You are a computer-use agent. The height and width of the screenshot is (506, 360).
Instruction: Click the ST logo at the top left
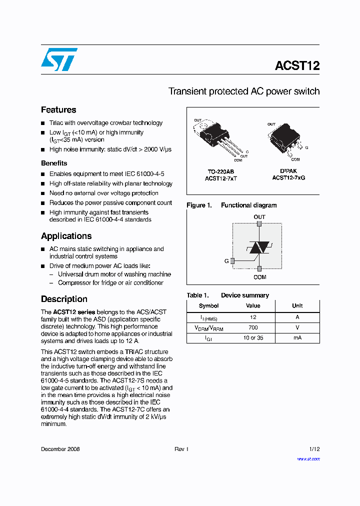pyautogui.click(x=59, y=59)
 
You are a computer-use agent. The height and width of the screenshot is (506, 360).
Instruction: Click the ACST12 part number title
pyautogui.click(x=297, y=65)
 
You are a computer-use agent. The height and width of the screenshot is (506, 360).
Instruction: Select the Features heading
pyautogui.click(x=58, y=110)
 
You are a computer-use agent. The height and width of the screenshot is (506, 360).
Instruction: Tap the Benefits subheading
pyautogui.click(x=54, y=163)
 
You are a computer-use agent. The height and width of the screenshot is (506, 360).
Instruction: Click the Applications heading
pyautogui.click(x=66, y=236)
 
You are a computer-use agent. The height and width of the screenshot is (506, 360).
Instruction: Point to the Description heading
pyautogui.click(x=64, y=299)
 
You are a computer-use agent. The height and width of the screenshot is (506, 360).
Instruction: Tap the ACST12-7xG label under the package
pyautogui.click(x=288, y=178)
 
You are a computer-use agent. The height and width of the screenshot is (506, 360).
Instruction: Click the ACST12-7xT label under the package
pyautogui.click(x=221, y=178)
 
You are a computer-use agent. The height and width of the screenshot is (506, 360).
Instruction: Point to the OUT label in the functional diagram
pyautogui.click(x=259, y=217)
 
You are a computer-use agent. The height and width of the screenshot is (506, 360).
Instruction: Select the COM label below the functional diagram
pyautogui.click(x=259, y=277)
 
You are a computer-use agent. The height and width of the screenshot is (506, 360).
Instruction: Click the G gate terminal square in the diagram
pyautogui.click(x=232, y=260)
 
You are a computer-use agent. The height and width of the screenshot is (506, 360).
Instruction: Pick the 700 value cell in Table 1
pyautogui.click(x=253, y=327)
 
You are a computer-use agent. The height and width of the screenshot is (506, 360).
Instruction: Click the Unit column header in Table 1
pyautogui.click(x=297, y=305)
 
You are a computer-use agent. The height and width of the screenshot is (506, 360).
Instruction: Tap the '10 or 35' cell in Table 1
pyautogui.click(x=253, y=338)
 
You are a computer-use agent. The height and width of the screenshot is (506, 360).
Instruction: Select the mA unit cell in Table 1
pyautogui.click(x=297, y=338)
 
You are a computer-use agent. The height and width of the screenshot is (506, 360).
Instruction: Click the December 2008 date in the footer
pyautogui.click(x=60, y=449)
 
